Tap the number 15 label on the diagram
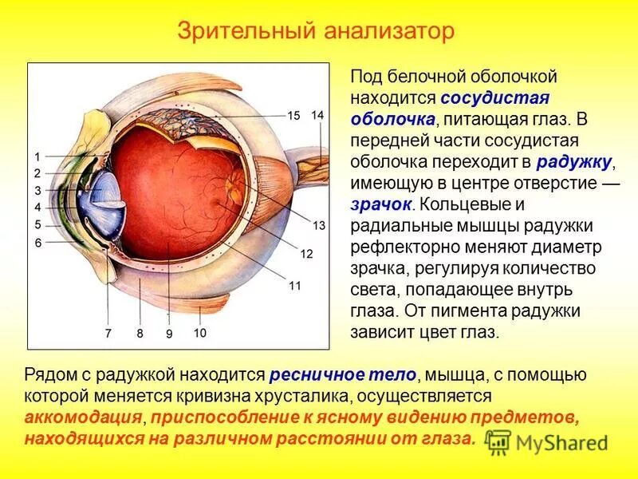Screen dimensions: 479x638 [293, 116]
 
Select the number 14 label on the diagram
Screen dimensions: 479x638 [317, 116]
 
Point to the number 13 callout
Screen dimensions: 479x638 [319, 226]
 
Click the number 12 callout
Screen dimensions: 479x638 [306, 254]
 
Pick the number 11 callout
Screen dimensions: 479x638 [294, 285]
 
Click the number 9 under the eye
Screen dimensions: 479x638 [169, 335]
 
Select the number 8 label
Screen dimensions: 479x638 [140, 334]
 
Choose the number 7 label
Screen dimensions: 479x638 [108, 334]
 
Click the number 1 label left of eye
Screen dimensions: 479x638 [37, 156]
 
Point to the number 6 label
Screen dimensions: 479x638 [37, 242]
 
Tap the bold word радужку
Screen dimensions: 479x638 [574, 162]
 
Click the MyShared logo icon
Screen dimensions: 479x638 [499, 440]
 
